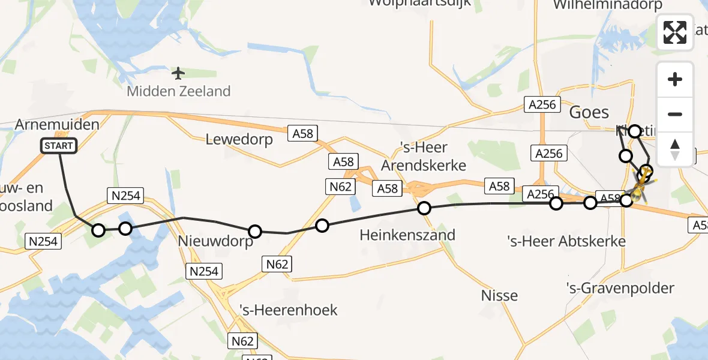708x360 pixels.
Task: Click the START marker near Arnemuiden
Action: [59, 146]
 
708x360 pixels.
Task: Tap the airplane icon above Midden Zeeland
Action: [178, 73]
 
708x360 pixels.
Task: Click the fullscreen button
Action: [675, 32]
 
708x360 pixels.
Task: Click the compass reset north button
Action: [675, 149]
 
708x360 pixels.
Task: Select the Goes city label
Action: [589, 112]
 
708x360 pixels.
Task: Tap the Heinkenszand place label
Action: [407, 235]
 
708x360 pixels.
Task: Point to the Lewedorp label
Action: [239, 139]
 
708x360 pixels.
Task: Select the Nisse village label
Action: [499, 295]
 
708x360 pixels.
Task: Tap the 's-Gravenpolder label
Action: [620, 288]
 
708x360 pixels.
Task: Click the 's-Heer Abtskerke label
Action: [566, 241]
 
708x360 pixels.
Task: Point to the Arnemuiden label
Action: [57, 125]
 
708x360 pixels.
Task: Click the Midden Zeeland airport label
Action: [178, 92]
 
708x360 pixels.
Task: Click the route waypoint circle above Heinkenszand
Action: [424, 208]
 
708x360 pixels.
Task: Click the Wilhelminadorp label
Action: [607, 5]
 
